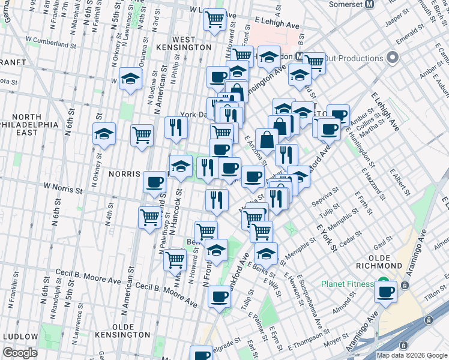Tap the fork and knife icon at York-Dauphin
[176, 127]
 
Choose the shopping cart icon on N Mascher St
[175, 259]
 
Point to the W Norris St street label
[63, 190]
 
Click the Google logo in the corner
[20, 353]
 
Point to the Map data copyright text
[411, 355]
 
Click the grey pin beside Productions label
[393, 58]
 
